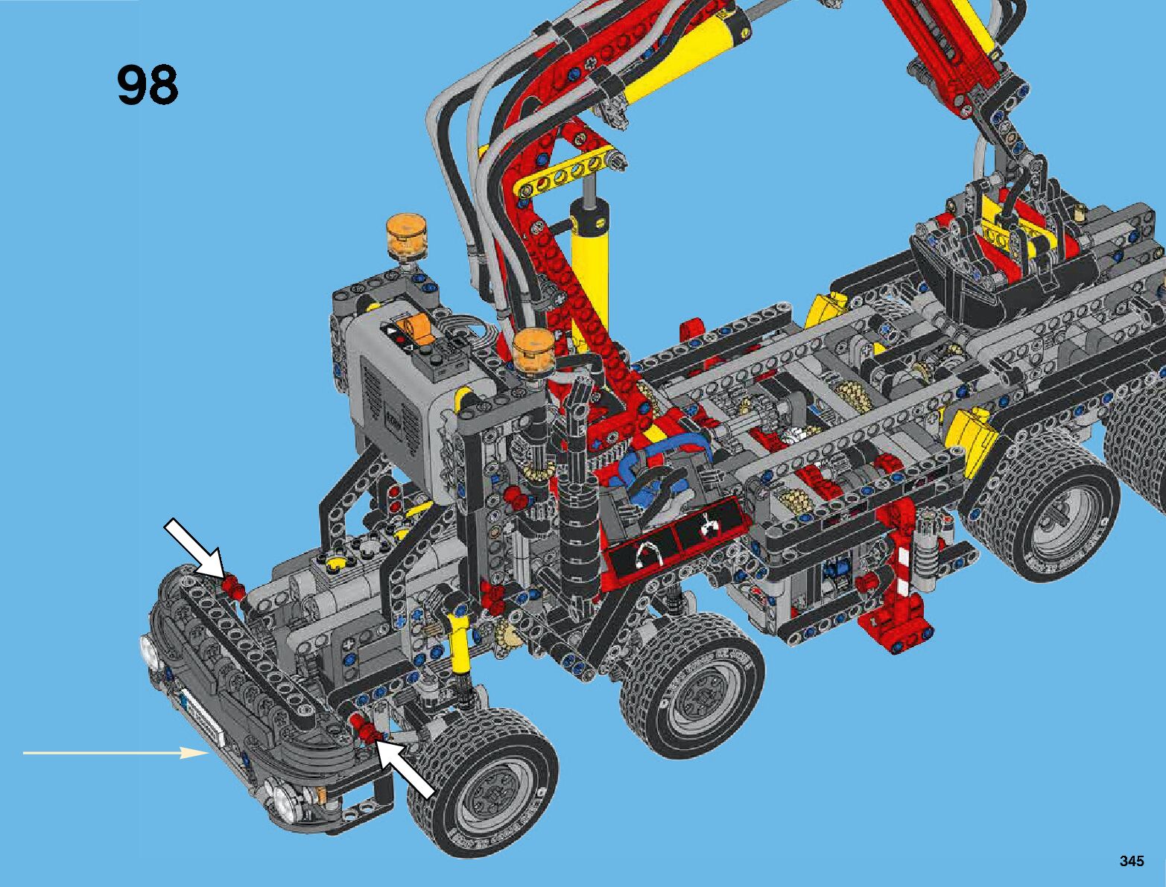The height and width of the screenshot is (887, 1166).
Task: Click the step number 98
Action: [x=147, y=85]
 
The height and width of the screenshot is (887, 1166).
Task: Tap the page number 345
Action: [x=1132, y=861]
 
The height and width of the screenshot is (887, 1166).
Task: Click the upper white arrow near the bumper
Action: [x=194, y=548]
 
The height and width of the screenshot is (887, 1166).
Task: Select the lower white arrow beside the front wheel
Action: [x=405, y=768]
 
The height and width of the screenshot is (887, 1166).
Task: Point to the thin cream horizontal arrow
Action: [x=115, y=753]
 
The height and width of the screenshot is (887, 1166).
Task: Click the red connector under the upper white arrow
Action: [x=232, y=587]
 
